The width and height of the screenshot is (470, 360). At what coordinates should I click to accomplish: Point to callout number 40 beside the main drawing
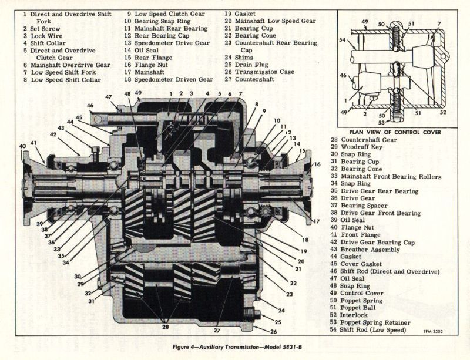[22, 146]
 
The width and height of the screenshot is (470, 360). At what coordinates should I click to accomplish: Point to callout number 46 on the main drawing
[90, 106]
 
